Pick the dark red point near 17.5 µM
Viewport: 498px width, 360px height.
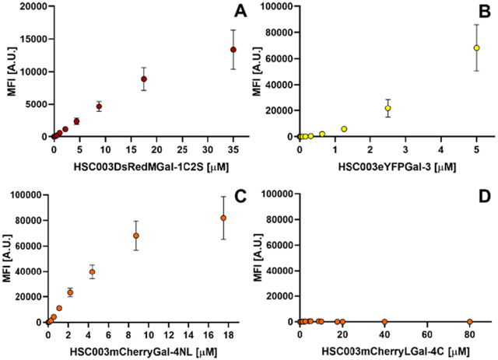(144, 79)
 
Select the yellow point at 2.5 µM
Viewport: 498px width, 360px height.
(388, 108)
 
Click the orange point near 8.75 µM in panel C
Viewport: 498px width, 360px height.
(136, 236)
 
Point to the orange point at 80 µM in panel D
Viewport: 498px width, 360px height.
(469, 322)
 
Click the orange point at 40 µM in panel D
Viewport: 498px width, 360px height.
(384, 322)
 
